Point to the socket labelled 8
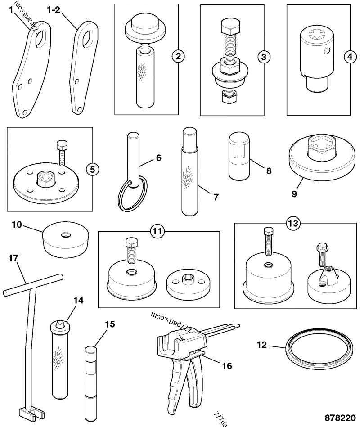(239, 155)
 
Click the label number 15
(110, 324)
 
